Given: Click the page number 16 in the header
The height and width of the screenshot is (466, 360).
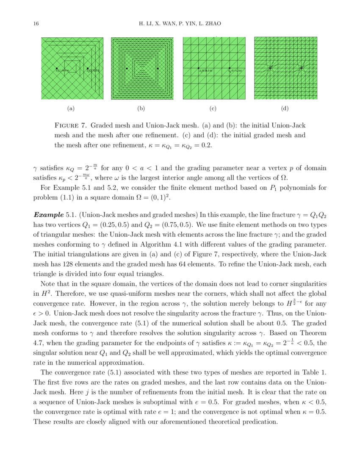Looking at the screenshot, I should [x=36, y=23].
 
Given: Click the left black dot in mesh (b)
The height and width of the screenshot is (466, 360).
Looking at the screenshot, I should [x=127, y=68].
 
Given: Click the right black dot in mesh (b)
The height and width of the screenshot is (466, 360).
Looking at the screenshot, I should [x=158, y=68].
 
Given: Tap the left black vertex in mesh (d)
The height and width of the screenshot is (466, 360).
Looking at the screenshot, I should [x=270, y=68].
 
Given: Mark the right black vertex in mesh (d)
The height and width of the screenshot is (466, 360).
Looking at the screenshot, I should [x=301, y=68].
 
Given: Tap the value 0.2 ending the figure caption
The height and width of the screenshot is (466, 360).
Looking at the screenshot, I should [x=206, y=145].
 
